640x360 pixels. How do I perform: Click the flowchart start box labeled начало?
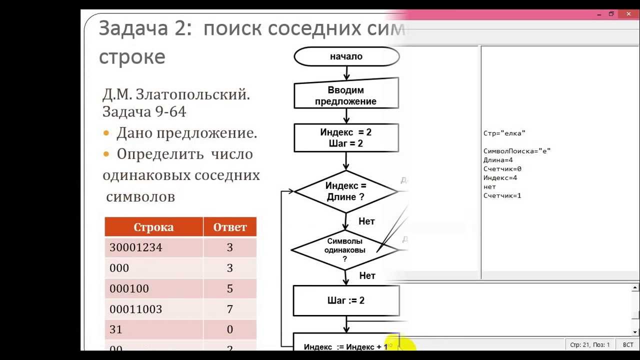(x=346, y=56)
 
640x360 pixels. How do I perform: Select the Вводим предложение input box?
(x=346, y=95)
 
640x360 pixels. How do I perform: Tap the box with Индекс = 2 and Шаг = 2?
(x=346, y=138)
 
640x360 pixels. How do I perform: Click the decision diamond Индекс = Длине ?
(x=346, y=191)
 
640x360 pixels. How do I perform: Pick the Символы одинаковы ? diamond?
(x=344, y=249)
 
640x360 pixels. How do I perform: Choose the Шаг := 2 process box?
(x=346, y=300)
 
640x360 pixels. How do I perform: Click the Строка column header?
(x=153, y=227)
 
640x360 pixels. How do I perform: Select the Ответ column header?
(x=230, y=227)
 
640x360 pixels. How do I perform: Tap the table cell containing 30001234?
(x=136, y=247)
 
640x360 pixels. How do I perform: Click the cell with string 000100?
(x=129, y=288)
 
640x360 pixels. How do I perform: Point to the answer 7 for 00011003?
(x=230, y=309)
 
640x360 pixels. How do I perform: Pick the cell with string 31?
(x=116, y=329)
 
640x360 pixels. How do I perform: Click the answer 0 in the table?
(x=230, y=329)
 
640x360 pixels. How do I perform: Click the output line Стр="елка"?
(x=504, y=133)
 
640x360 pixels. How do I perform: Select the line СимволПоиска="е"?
(x=516, y=150)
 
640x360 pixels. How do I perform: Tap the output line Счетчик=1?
(x=502, y=195)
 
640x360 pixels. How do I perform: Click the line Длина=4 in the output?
(x=498, y=160)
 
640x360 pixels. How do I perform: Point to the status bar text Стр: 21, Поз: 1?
(x=589, y=345)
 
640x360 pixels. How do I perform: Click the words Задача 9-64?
(x=144, y=111)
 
